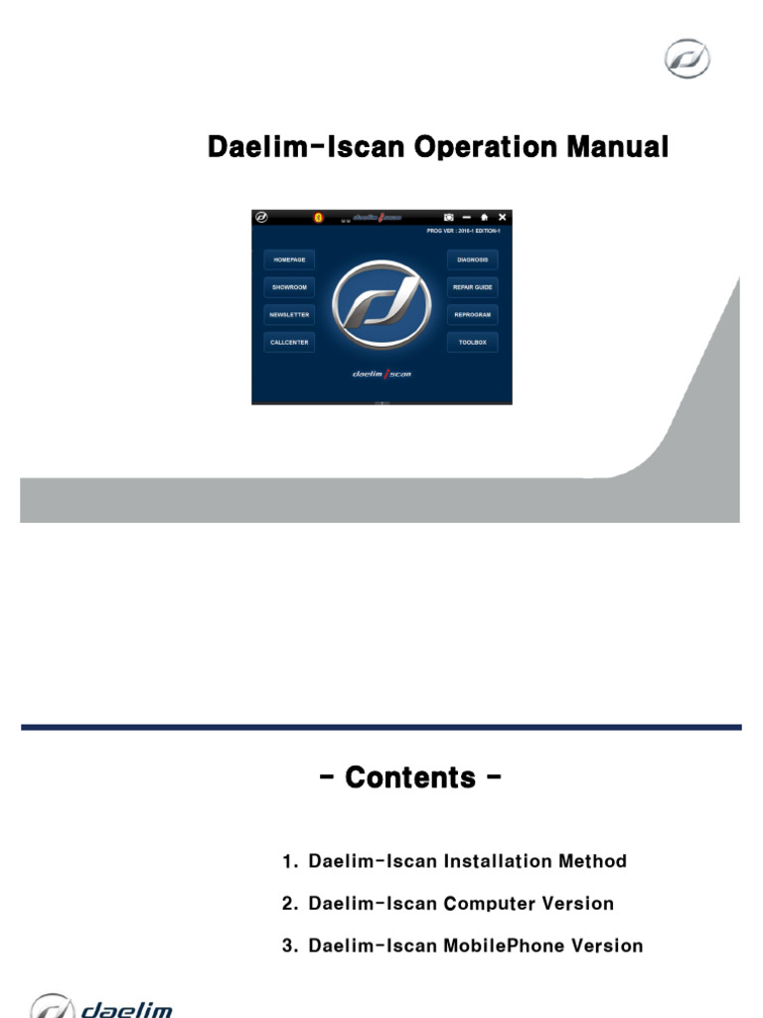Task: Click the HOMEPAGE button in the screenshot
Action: pos(289,259)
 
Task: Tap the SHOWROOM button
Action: pos(289,287)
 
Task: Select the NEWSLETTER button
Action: pos(289,314)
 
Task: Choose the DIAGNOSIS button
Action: pos(472,259)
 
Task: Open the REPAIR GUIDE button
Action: pos(472,287)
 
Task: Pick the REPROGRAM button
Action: pos(472,314)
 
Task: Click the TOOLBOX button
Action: pos(472,342)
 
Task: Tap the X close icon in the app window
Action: pos(502,217)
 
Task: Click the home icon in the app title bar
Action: pos(484,217)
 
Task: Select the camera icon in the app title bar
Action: pos(449,217)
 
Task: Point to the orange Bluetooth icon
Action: pos(318,217)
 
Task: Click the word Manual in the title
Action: pos(618,147)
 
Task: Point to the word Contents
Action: pos(411,777)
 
